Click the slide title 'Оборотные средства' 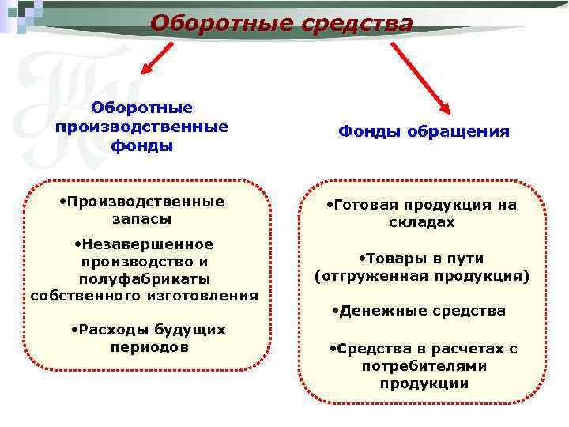(x=281, y=23)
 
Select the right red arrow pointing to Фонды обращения (x=420, y=77)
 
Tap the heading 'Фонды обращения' (x=424, y=131)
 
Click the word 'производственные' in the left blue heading (x=142, y=127)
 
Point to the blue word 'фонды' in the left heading (x=142, y=145)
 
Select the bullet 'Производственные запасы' (x=142, y=210)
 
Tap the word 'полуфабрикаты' (x=144, y=278)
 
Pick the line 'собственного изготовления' (x=144, y=296)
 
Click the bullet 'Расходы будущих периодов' (x=148, y=338)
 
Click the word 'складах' (x=422, y=223)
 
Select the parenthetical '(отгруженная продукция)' (x=422, y=277)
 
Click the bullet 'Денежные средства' (x=418, y=311)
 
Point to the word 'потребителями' (x=424, y=367)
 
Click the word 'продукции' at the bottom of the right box (x=424, y=384)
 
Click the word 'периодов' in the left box (x=149, y=346)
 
